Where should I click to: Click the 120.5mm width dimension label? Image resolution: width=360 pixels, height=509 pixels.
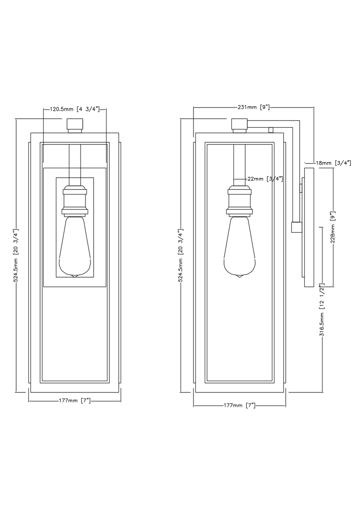click(x=74, y=109)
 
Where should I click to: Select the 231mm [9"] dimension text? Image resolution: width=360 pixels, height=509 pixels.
click(x=253, y=107)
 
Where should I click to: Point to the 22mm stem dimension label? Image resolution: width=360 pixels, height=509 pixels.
click(x=265, y=179)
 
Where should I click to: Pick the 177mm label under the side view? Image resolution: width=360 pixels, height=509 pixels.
click(x=239, y=405)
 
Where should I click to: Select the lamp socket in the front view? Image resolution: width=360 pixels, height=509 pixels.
click(x=74, y=200)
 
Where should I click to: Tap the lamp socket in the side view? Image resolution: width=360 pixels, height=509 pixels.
click(x=238, y=200)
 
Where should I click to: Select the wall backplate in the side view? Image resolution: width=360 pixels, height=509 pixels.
click(x=309, y=227)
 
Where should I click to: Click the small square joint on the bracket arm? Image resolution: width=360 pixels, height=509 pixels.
click(x=296, y=228)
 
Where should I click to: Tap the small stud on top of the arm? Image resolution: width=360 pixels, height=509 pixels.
click(x=271, y=130)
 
